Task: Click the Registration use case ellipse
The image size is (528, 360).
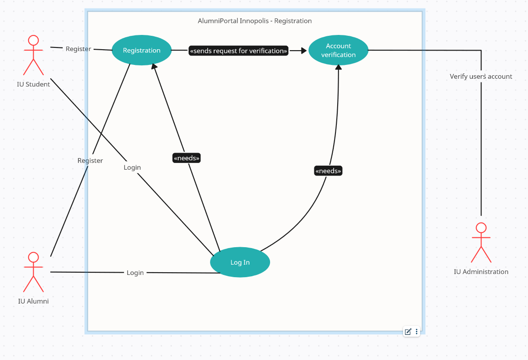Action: [x=142, y=50]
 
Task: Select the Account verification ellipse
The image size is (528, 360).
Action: [x=338, y=50]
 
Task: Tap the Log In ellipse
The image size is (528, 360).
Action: [x=240, y=262]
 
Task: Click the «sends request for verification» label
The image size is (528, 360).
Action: [x=238, y=51]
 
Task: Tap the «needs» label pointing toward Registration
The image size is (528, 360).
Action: [x=186, y=158]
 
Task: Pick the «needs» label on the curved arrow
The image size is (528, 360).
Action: [x=328, y=171]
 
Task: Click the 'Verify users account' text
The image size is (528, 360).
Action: [x=481, y=77]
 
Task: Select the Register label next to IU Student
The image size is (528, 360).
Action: [x=78, y=49]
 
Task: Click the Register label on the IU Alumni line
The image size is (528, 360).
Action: [x=90, y=160]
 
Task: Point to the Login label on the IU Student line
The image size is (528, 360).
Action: [x=132, y=167]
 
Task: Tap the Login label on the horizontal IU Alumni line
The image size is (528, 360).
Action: [x=135, y=272]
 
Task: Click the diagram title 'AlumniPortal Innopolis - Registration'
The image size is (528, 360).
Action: [x=254, y=21]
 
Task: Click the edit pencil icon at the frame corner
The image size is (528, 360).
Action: [x=408, y=332]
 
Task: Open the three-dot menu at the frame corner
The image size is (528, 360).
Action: [x=416, y=332]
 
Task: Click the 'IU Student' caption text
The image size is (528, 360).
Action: [x=34, y=84]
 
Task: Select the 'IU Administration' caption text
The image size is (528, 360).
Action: [x=481, y=271]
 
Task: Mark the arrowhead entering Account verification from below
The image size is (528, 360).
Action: [x=339, y=67]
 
